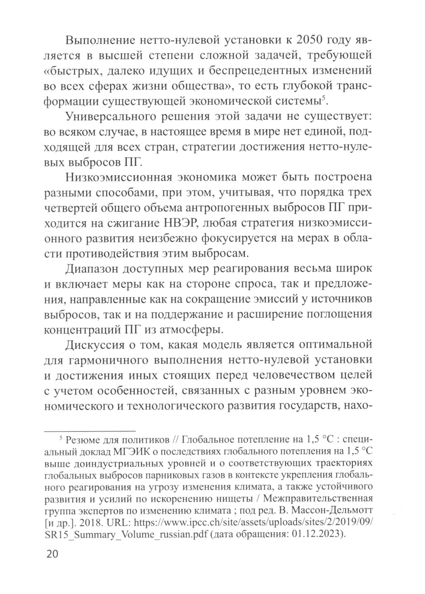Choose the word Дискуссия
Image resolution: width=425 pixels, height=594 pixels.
pyautogui.click(x=96, y=343)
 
